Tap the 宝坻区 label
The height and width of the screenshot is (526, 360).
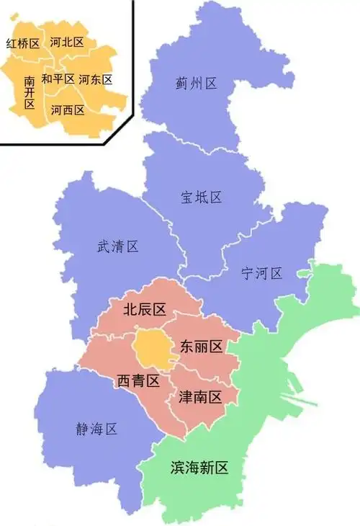tap(201, 197)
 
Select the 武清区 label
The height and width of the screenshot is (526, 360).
tap(117, 247)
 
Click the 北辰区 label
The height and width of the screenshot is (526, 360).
tap(144, 309)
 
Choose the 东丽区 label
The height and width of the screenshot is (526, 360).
tap(201, 346)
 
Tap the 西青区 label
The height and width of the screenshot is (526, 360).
tap(138, 381)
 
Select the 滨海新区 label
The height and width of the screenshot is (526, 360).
tap(199, 468)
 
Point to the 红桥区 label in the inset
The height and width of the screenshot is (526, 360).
tap(22, 44)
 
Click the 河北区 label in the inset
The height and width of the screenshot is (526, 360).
tap(67, 43)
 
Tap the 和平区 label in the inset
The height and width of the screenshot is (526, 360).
tap(58, 79)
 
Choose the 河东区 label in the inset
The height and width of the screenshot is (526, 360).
tap(96, 79)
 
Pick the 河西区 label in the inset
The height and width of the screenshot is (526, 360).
tap(68, 110)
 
